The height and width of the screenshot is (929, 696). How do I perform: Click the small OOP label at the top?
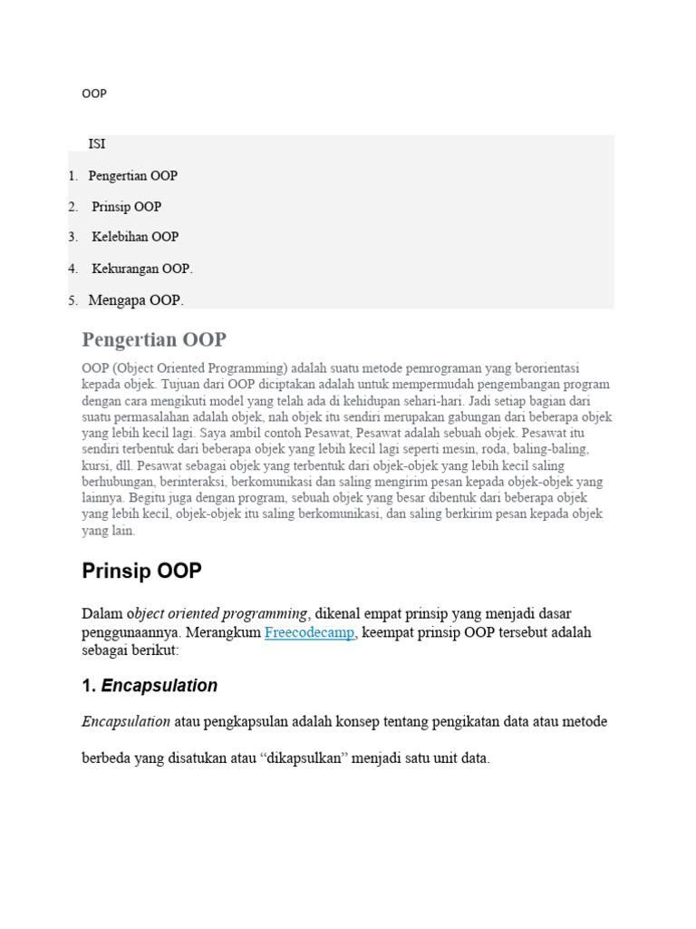93,93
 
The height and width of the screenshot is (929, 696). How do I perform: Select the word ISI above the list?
97,144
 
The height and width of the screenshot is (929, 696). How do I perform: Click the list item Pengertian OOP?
132,175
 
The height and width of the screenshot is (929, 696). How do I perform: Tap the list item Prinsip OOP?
126,206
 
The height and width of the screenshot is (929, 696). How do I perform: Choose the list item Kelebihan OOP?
135,237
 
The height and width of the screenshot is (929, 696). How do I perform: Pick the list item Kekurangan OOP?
142,269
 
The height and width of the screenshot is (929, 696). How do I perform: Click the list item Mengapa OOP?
136,299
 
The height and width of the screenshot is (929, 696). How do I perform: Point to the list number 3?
73,237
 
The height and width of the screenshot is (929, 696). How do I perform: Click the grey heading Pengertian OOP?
154,340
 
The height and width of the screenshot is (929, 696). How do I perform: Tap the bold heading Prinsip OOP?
141,572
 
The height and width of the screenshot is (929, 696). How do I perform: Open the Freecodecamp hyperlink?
309,632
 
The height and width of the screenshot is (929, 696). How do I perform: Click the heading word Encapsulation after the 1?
159,686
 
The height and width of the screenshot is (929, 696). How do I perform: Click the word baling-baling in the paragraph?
550,449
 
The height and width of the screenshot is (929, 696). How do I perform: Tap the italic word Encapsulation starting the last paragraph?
126,721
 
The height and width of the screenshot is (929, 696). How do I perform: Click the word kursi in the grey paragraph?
97,465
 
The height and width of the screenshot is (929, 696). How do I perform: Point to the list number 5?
73,299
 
